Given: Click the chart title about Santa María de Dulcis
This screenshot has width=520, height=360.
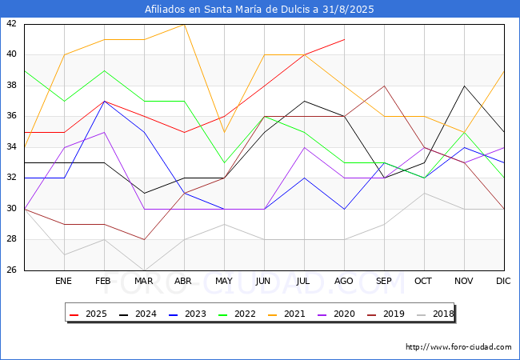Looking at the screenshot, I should (x=259, y=10).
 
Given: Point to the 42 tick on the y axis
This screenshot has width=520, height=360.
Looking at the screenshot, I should (x=11, y=24).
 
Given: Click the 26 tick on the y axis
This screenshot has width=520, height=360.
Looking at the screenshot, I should (x=11, y=270).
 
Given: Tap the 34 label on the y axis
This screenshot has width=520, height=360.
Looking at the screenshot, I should (x=11, y=147).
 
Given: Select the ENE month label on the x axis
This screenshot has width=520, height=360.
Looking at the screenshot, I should (x=63, y=282).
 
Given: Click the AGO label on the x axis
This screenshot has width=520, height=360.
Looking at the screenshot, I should (x=344, y=282).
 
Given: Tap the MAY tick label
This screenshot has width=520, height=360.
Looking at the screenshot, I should (x=224, y=282).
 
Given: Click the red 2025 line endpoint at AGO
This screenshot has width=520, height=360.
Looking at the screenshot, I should (x=344, y=39).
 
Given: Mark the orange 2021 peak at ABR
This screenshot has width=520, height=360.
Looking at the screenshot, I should (x=184, y=24).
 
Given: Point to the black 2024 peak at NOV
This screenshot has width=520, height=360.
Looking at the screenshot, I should (x=464, y=86).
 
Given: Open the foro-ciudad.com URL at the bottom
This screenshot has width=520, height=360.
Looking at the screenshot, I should (x=458, y=347).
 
